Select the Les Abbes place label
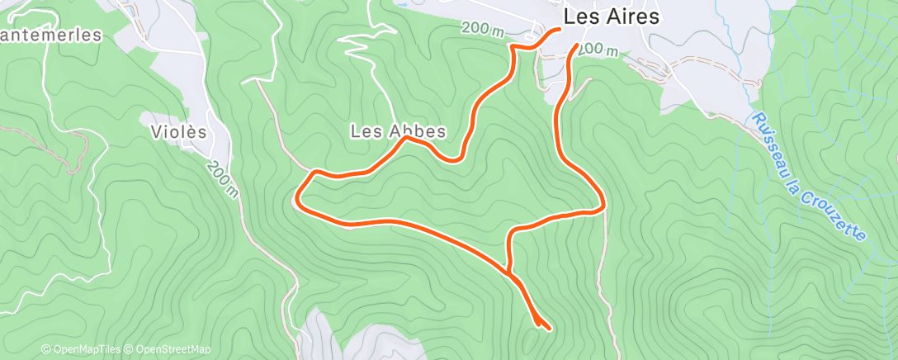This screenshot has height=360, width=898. click(x=398, y=130)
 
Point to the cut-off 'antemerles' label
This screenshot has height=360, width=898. click(x=50, y=36)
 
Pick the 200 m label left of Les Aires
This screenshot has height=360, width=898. click(x=482, y=29)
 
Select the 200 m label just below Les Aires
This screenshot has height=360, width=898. click(x=598, y=50)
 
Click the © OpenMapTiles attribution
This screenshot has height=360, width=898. click(x=81, y=349)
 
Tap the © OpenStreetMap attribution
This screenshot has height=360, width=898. click(x=168, y=349)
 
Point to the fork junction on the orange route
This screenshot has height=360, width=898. click(x=509, y=270)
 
